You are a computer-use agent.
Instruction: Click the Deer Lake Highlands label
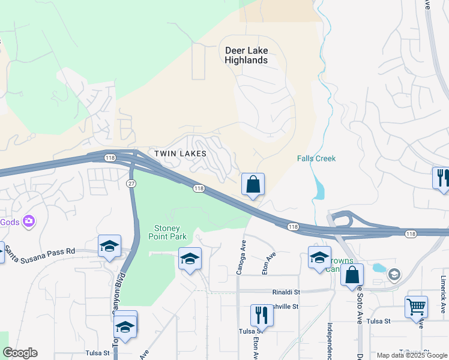[x=246, y=55]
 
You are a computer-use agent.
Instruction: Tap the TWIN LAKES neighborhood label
[x=180, y=154]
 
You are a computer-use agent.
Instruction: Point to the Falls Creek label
[x=316, y=158]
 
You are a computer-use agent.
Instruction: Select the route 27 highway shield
[x=131, y=183]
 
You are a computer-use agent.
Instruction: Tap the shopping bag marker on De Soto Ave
[x=352, y=274]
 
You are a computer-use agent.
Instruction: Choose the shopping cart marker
[x=416, y=306]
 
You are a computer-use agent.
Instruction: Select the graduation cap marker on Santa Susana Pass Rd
[x=109, y=246]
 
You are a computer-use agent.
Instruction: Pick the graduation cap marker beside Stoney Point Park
[x=190, y=259]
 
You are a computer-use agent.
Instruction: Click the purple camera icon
[x=28, y=222]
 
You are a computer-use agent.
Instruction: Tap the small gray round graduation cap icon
[x=394, y=275]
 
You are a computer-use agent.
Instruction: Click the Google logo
[x=20, y=353]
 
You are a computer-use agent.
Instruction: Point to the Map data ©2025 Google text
[x=411, y=355]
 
